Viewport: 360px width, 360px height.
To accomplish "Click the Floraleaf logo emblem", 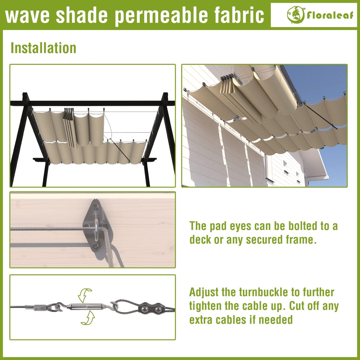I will click(295, 15).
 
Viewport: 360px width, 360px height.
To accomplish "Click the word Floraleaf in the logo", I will click(330, 15).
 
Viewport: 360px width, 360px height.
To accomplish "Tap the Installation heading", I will click(43, 48).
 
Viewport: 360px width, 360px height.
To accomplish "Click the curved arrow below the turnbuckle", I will click(88, 318).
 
